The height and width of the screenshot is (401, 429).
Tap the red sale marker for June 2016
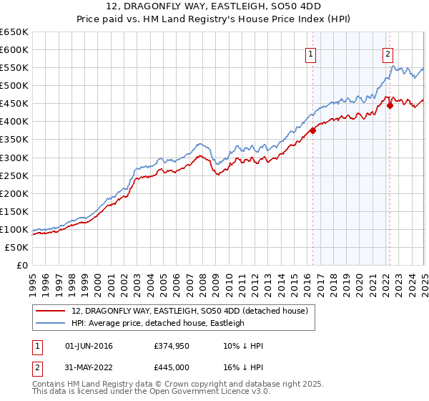[313, 130]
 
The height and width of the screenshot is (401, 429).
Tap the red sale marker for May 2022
[390, 105]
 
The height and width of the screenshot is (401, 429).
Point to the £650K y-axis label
[14, 32]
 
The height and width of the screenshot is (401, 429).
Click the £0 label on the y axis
[23, 266]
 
